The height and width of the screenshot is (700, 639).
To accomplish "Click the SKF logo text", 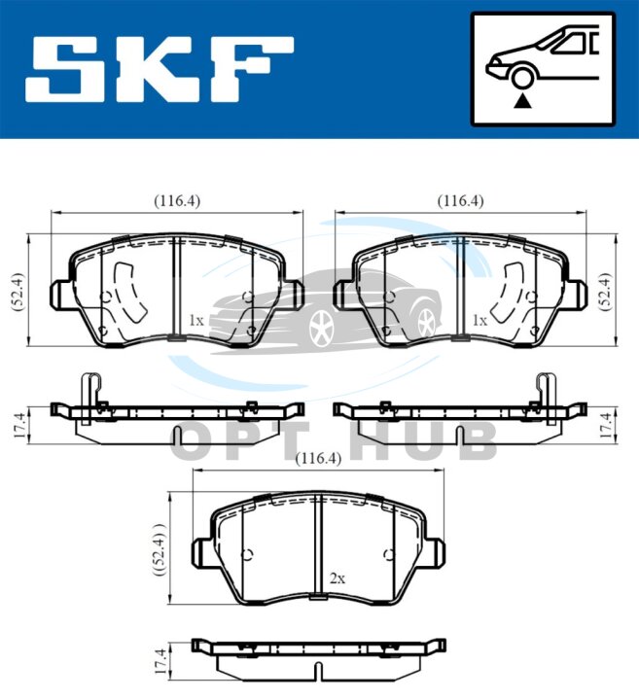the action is (160, 70).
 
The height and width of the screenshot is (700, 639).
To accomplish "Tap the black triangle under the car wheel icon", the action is (522, 102).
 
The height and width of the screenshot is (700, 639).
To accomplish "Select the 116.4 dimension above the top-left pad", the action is (177, 201).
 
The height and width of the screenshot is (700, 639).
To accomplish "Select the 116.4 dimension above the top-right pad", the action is (460, 201).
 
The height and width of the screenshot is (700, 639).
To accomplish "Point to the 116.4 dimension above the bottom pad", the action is (318, 459).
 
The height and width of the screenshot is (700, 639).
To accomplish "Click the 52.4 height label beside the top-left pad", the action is (19, 291).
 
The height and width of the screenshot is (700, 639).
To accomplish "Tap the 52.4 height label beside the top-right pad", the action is (606, 291).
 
